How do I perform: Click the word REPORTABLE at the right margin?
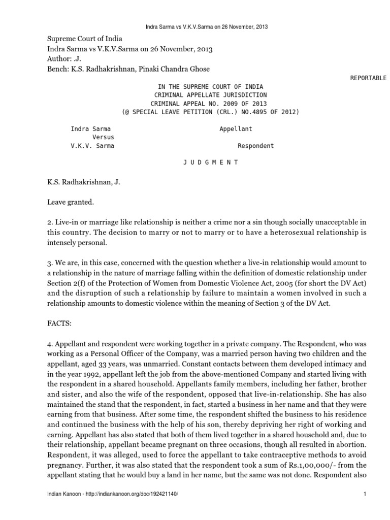pos(368,78)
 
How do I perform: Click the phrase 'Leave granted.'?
pos(71,202)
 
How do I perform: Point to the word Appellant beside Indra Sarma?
pos(236,129)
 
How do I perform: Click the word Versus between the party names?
pos(103,137)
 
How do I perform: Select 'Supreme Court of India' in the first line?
pos(85,39)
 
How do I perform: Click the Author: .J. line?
pos(66,59)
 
